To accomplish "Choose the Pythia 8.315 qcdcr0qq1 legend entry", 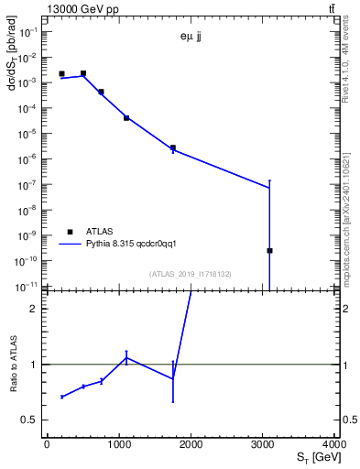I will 136,245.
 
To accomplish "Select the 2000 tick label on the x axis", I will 191,446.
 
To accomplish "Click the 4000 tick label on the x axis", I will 334,446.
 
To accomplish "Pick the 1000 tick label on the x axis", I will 118,446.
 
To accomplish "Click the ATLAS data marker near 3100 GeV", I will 269,250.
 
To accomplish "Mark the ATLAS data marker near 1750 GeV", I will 172,147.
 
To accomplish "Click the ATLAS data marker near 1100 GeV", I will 126,118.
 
